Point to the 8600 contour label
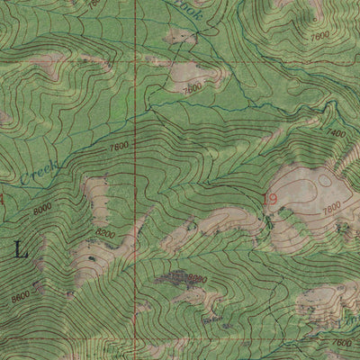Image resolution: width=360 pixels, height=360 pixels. tap(20, 293)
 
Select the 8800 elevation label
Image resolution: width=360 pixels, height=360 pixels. tap(195, 280)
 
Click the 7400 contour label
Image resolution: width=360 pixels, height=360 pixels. tap(335, 133)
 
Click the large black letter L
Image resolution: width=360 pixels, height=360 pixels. tap(20, 251)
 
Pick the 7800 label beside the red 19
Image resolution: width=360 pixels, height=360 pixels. tap(330, 207)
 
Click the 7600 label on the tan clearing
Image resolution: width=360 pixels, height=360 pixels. tap(191, 90)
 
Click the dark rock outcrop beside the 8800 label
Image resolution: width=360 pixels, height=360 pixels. tap(171, 279)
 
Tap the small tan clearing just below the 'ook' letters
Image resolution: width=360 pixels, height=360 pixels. tap(181, 36)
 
